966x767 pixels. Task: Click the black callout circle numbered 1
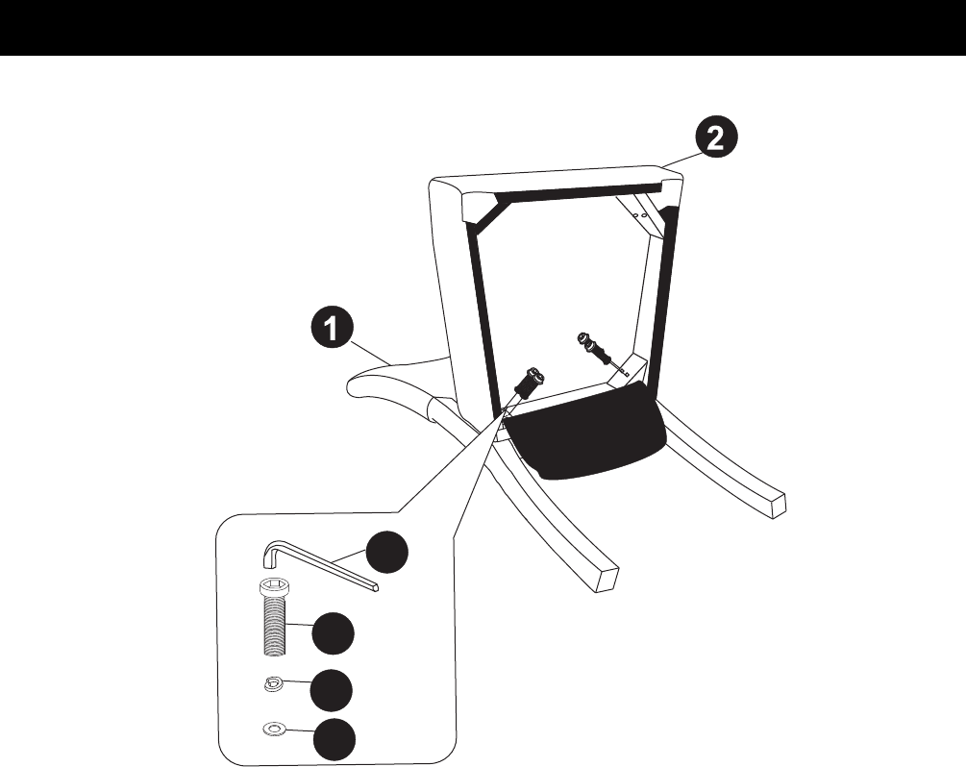332,330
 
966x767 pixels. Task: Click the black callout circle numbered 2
714,138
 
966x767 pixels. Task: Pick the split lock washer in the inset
273,683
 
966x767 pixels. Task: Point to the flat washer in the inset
273,730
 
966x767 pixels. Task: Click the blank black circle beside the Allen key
387,552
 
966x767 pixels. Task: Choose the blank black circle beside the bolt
334,633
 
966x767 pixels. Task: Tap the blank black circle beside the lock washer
332,690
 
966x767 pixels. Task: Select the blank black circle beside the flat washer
334,739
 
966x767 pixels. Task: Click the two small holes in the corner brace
639,215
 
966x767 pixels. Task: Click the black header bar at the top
483,28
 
